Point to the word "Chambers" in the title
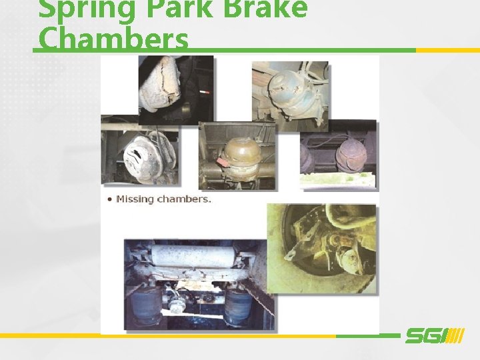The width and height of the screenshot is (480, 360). click(x=113, y=40)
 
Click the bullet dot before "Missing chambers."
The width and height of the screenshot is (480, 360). click(x=109, y=199)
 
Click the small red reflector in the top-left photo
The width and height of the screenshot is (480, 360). click(x=203, y=89)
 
